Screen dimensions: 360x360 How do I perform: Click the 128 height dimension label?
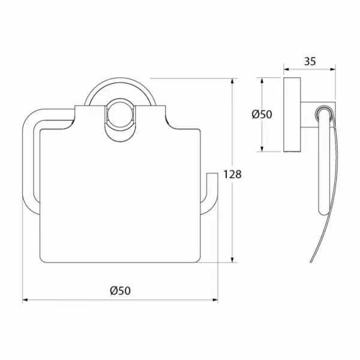point(232,174)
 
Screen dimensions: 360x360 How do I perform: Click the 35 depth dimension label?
point(310,61)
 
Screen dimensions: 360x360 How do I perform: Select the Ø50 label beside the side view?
point(262,114)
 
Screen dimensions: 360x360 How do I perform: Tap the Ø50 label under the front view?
point(121,290)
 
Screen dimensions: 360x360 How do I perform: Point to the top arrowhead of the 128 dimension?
point(233,81)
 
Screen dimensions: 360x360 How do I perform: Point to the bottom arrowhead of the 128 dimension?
point(233,259)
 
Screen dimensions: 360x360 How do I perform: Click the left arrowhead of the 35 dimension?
point(287,70)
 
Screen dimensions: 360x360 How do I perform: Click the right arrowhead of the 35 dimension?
point(332,70)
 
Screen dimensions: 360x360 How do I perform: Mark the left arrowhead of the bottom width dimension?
point(25,300)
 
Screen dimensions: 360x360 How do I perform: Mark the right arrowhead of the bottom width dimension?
point(215,300)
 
